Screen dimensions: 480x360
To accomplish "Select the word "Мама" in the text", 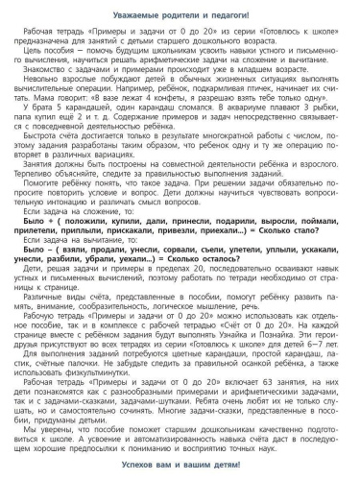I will pos(41,112).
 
